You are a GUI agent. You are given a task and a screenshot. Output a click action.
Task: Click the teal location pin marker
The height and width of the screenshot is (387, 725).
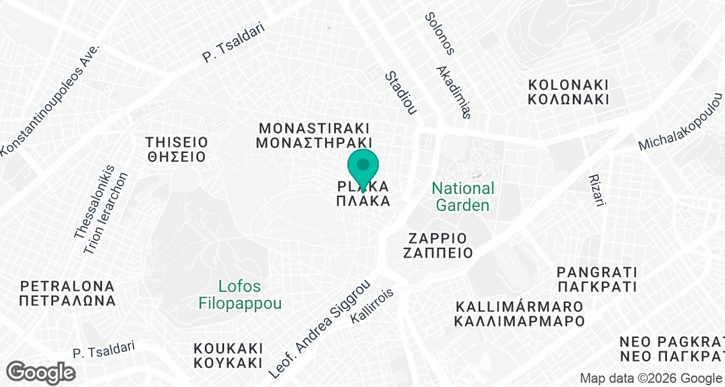click(x=362, y=167)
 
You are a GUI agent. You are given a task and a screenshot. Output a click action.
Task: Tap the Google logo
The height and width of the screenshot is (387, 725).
click(x=41, y=371)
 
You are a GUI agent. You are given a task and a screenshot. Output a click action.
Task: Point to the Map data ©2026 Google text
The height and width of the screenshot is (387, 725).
click(x=651, y=379)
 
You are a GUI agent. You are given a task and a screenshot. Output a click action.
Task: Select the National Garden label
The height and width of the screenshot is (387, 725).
click(x=463, y=197)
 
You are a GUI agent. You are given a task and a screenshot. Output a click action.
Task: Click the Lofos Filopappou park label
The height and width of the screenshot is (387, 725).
click(x=240, y=294)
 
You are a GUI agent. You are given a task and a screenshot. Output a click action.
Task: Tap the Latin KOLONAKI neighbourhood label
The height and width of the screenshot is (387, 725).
click(x=568, y=84)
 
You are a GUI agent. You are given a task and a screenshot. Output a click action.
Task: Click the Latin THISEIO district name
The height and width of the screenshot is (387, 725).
click(x=176, y=143)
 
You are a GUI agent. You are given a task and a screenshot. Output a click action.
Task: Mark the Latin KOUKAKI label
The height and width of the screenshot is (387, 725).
click(x=228, y=349)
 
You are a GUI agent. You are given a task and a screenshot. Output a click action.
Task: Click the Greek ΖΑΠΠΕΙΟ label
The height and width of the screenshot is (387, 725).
click(x=438, y=252)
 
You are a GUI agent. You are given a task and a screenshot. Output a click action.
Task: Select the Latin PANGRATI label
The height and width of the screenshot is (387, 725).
click(x=597, y=271)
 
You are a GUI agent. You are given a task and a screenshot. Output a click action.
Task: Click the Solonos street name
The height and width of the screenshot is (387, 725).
click(x=439, y=34)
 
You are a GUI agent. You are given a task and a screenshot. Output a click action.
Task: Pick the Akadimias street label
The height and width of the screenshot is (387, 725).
click(x=453, y=92)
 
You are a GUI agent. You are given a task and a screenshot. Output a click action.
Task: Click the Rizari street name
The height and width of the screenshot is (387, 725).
click(x=597, y=191)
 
